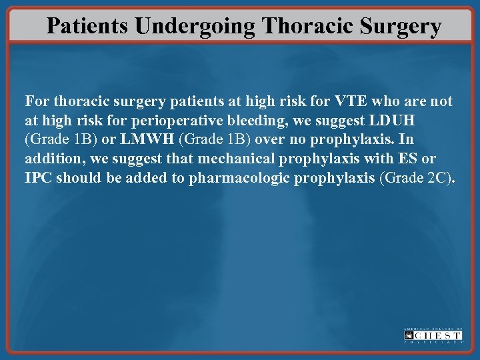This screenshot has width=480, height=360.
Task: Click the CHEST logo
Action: pyautogui.click(x=433, y=335)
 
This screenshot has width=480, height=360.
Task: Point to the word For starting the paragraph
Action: pyautogui.click(x=37, y=102)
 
